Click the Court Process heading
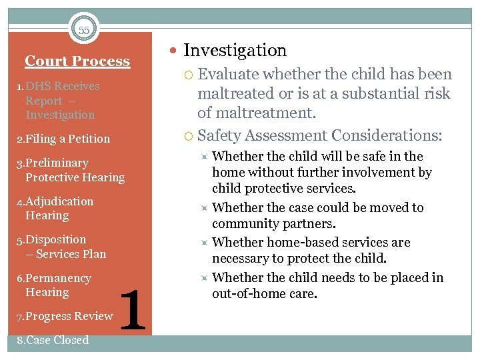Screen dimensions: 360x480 click(77, 61)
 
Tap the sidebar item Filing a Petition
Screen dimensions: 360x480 click(63, 139)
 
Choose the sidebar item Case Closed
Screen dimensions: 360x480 click(52, 340)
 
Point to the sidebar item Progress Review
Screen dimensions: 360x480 click(64, 316)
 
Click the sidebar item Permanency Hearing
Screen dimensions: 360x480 click(53, 285)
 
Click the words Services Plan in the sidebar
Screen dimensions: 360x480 click(71, 254)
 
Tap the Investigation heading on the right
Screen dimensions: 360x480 click(235, 51)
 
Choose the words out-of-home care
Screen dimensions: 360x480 click(255, 293)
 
